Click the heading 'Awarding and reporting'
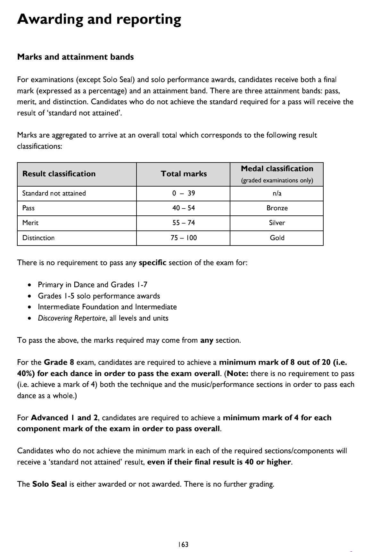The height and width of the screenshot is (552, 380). [x=99, y=19]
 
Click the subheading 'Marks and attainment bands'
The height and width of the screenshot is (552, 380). [x=75, y=57]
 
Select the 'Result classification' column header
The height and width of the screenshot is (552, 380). [x=59, y=174]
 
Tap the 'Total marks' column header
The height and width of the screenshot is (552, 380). [x=184, y=174]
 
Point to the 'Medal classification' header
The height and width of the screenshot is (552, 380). [x=277, y=169]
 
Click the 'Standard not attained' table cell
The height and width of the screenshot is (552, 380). [x=54, y=193]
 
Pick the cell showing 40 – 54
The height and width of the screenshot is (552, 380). [x=183, y=208]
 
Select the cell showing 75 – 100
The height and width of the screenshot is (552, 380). [x=184, y=238]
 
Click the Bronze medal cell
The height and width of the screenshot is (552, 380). [x=277, y=208]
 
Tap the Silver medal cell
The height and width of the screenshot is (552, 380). [x=277, y=223]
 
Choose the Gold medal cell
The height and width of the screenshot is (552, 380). [x=277, y=238]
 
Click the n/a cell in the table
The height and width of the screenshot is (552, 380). [x=277, y=193]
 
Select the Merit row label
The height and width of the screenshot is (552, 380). [x=30, y=223]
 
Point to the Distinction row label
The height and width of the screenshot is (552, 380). [x=38, y=238]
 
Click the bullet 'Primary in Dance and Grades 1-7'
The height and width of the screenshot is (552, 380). [x=92, y=285]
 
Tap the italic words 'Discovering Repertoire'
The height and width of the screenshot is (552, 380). [x=71, y=318]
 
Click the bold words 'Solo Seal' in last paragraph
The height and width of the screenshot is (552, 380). [x=50, y=484]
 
